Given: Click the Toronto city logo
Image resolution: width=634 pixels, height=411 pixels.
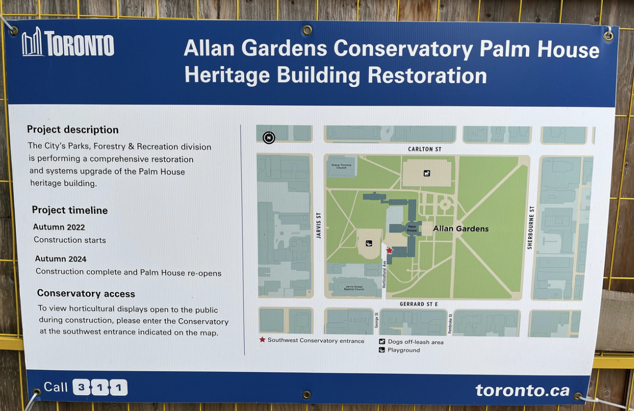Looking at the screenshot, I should (x=68, y=43).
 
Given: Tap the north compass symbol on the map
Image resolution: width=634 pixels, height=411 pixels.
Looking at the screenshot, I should (x=268, y=138).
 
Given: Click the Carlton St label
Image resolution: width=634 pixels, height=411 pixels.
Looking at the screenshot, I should (x=425, y=149).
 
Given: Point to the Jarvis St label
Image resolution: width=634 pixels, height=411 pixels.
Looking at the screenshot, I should (x=319, y=225).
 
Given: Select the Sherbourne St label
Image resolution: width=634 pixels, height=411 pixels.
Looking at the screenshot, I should (x=531, y=227).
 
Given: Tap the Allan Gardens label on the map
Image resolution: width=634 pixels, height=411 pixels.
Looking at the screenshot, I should (x=461, y=229).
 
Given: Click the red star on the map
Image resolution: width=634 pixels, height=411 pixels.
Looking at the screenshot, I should (x=389, y=250).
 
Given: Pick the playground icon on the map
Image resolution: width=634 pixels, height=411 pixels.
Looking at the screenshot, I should (x=369, y=243).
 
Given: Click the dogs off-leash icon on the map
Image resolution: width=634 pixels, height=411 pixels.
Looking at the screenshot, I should (x=427, y=173).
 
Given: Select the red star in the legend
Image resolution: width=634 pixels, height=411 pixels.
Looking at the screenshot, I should (x=262, y=340).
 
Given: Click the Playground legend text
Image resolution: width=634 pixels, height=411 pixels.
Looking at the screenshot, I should (x=403, y=350).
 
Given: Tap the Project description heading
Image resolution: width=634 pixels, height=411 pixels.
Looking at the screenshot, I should (x=73, y=130).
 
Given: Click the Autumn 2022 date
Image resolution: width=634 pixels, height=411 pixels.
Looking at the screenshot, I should (x=59, y=227).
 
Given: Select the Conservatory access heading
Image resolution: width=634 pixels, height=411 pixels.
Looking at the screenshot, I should (x=86, y=293).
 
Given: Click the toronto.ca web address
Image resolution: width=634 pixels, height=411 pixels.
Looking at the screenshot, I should (x=522, y=390).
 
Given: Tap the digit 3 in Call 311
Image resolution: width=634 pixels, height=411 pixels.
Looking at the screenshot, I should (x=81, y=387).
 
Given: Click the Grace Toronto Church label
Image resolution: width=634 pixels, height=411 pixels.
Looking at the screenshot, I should (x=341, y=166).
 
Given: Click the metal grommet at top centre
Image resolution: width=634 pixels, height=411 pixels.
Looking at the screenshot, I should (x=307, y=30).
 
